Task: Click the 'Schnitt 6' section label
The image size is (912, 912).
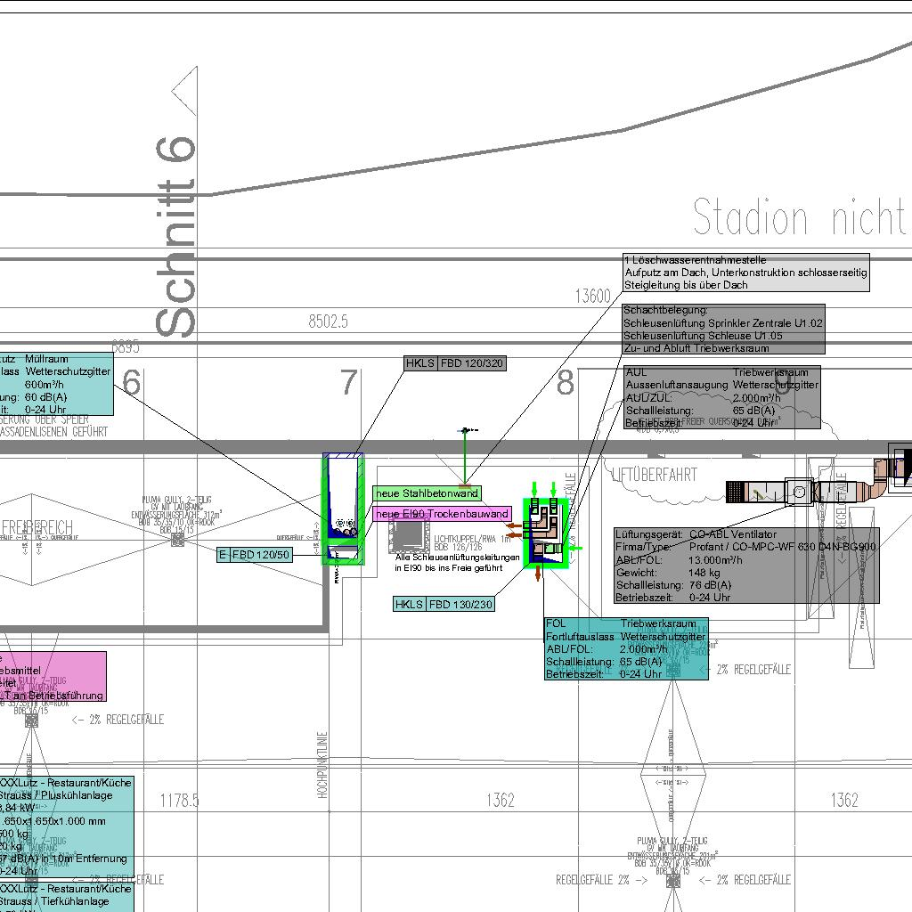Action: coord(176,236)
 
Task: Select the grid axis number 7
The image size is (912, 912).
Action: coord(348,383)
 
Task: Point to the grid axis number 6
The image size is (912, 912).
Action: coord(132,383)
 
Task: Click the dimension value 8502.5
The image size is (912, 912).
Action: coord(328,322)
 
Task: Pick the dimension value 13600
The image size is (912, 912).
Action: coord(593,297)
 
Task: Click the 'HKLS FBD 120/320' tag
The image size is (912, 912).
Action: coord(455,363)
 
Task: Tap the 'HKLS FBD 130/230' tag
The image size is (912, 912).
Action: coord(444,605)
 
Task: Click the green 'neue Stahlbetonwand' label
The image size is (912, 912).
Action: coord(427,493)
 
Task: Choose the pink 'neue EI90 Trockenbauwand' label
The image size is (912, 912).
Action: coord(442,514)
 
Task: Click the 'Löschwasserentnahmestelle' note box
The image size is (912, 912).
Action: coord(745,273)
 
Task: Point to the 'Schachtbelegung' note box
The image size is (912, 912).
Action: coord(723,329)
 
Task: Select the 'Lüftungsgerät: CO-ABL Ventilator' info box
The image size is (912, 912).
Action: coord(746,566)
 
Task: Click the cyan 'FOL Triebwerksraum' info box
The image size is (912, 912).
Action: coord(626,649)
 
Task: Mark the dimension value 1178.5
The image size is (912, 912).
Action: coord(179,801)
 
